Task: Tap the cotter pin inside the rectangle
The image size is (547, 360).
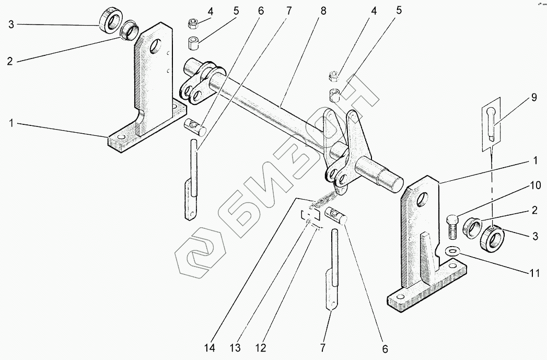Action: [x=492, y=123]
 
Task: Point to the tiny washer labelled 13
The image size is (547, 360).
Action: [x=309, y=223]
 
